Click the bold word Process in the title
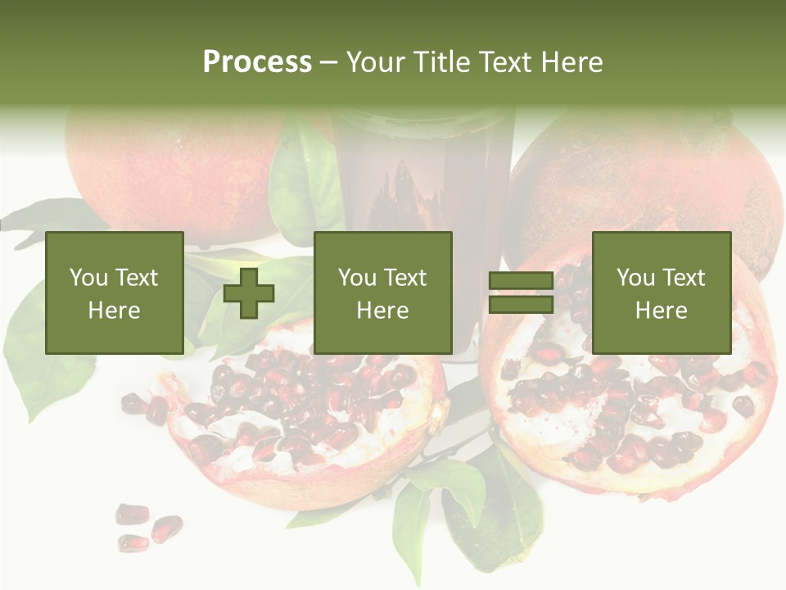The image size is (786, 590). pos(257,62)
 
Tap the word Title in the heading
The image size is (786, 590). pos(445,62)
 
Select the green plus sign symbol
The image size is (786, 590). pos(249,293)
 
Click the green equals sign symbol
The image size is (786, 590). pos(521,293)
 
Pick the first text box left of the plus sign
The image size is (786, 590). pos(114,293)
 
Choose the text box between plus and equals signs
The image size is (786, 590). pos(382,293)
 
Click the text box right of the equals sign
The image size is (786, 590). pos(661,293)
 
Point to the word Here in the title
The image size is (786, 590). pos(572,62)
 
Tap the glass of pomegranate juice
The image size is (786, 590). pos(422,180)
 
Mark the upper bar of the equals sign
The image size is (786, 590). pos(521,280)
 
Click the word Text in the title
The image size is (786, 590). pos(507,62)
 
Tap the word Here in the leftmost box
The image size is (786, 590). pos(114,310)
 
